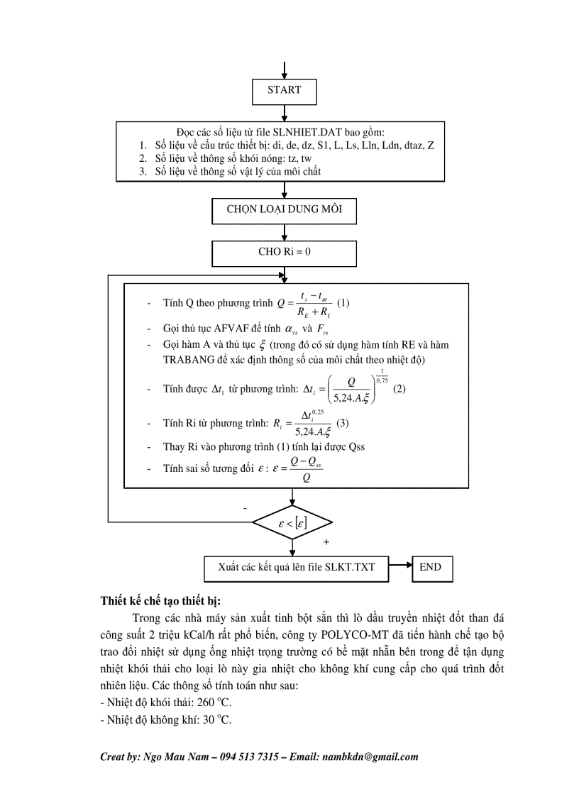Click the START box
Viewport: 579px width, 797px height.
coord(284,91)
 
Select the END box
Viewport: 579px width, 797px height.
coord(430,567)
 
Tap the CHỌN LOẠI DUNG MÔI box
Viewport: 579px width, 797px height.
coord(284,210)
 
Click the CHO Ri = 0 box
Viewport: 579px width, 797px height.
coord(284,252)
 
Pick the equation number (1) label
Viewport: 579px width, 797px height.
coord(343,303)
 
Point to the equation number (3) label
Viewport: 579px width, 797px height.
coord(343,424)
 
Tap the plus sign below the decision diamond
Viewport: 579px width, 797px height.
coord(326,542)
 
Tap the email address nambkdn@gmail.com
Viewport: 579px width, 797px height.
coord(370,757)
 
